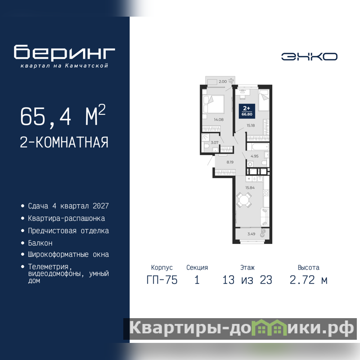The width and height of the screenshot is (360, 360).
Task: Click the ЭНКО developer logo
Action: pos(309,57)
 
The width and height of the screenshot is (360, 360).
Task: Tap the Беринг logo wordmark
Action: pos(64,52)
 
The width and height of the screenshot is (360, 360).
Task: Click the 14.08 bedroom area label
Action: pos(219,119)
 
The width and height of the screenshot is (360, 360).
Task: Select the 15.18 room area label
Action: pos(251,126)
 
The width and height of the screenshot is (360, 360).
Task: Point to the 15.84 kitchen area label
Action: pos(250,188)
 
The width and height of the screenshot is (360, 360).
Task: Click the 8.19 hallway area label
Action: pos(230,162)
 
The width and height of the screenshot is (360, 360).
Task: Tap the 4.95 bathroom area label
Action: pos(254,156)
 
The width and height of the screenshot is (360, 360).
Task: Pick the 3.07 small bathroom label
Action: pos(215,143)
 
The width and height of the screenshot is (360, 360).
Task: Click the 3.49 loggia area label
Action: pos(251,234)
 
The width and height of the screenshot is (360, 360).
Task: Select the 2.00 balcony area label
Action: pos(222,81)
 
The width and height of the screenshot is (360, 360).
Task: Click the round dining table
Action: pos(243,200)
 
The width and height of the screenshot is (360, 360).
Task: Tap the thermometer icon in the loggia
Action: pos(263,233)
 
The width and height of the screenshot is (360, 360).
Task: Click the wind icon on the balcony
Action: pos(231,81)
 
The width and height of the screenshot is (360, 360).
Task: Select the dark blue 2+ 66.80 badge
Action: pos(247,111)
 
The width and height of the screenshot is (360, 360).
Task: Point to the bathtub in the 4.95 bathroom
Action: pos(257,147)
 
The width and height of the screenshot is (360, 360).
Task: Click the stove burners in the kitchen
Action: pos(266,193)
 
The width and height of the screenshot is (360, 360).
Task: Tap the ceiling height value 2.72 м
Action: pos(308,280)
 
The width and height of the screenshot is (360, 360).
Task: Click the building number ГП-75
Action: pos(162,280)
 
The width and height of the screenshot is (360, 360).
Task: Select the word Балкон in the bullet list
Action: pos(40,243)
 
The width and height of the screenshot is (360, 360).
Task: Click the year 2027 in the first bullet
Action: pos(100,206)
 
